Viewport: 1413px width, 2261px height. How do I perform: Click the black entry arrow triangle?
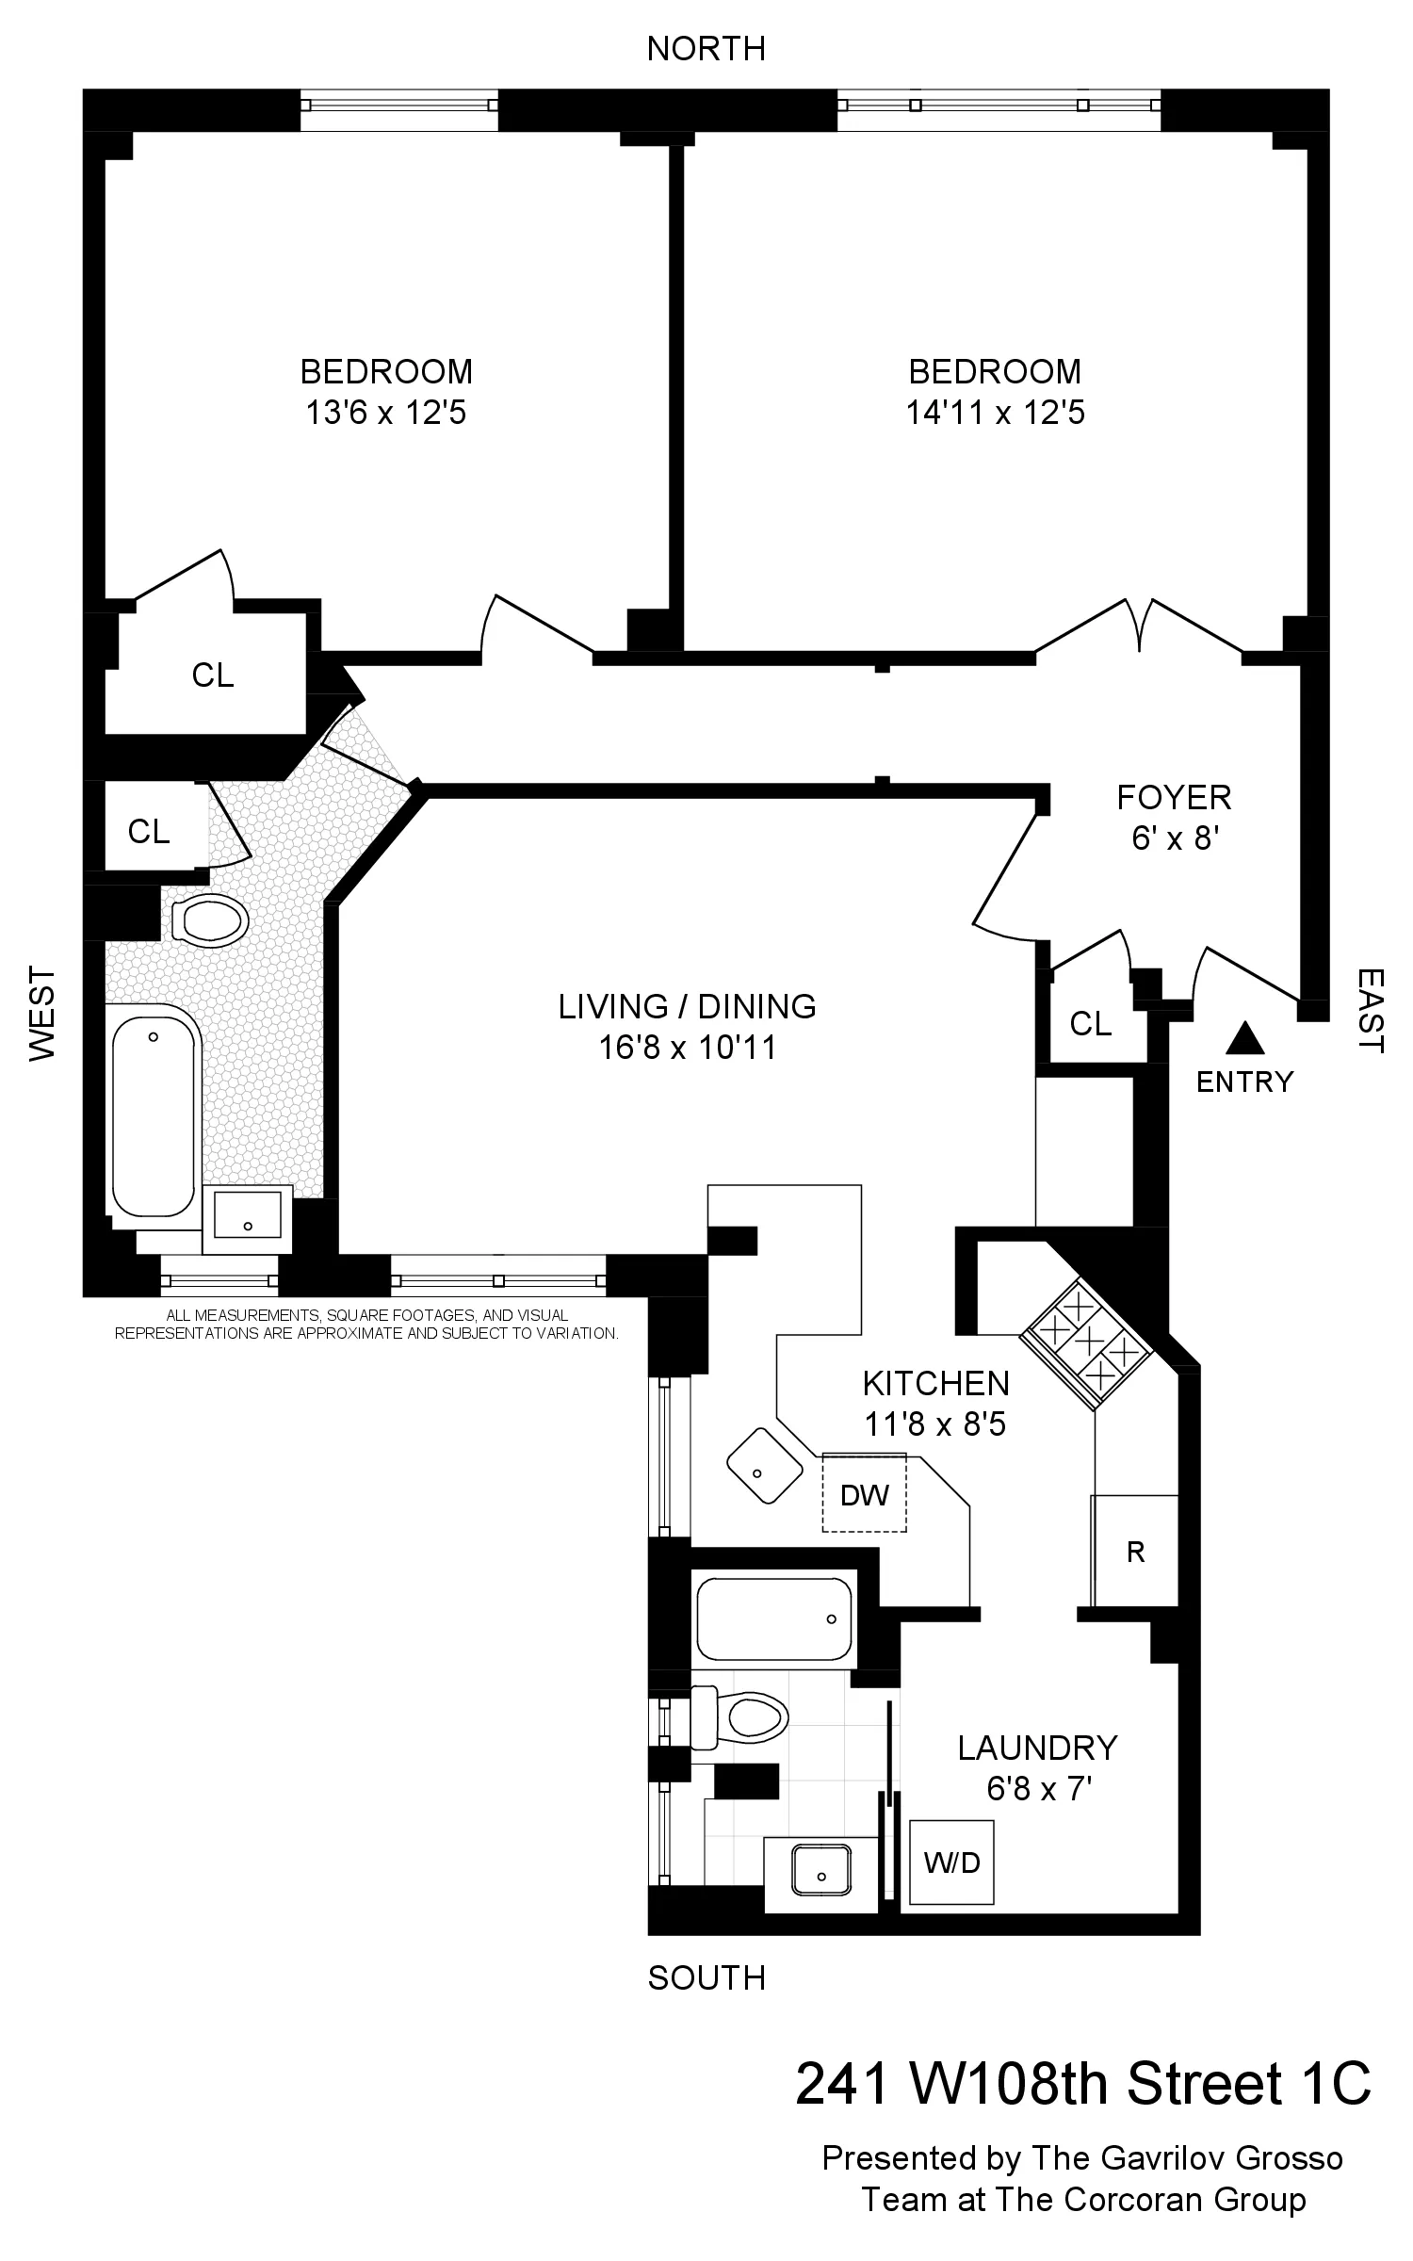click(1244, 1038)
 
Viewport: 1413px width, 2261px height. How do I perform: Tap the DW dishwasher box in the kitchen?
click(864, 1494)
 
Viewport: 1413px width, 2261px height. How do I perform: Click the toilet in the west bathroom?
click(209, 919)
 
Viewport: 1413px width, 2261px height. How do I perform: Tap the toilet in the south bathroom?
click(744, 1716)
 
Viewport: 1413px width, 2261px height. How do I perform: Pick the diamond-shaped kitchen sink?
click(765, 1466)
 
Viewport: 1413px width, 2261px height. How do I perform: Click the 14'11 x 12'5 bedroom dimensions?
click(995, 413)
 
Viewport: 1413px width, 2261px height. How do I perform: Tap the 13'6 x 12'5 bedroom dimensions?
click(385, 413)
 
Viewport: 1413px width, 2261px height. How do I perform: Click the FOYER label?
click(1174, 798)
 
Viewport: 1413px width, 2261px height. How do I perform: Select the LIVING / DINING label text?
click(687, 1006)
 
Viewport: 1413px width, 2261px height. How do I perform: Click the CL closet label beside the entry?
click(1091, 1023)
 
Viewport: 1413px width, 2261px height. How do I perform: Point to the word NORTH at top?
click(706, 49)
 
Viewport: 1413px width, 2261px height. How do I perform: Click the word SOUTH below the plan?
click(706, 1977)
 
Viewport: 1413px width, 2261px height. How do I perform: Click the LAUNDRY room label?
click(1037, 1748)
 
